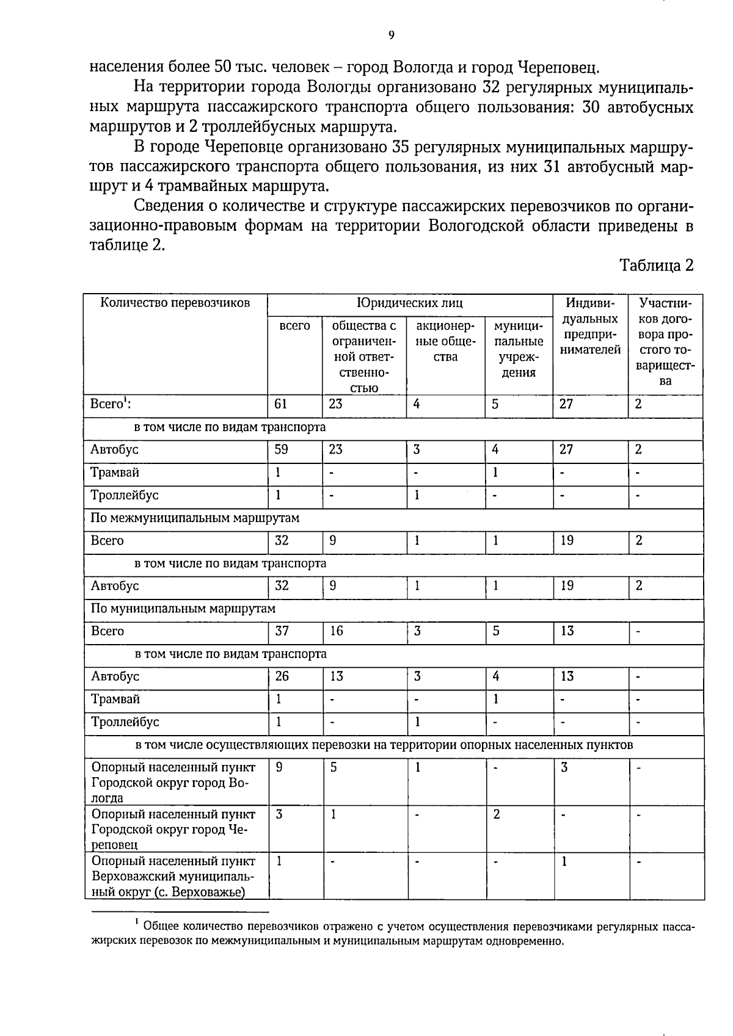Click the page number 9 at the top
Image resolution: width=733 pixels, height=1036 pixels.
(x=391, y=35)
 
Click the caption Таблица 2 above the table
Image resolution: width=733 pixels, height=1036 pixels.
(x=657, y=265)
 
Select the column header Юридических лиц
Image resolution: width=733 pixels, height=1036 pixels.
(x=410, y=303)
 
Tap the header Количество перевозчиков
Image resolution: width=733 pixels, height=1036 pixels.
(x=175, y=303)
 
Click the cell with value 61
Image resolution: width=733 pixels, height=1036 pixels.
(x=281, y=404)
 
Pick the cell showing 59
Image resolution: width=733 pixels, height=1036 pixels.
(x=282, y=450)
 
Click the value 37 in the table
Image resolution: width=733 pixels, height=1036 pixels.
(x=282, y=631)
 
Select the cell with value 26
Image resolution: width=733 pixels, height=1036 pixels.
(x=282, y=676)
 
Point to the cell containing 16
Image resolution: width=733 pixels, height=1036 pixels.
(x=337, y=631)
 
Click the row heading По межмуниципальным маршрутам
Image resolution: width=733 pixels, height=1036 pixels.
(x=195, y=518)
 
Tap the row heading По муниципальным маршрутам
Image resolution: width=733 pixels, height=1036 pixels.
(x=183, y=609)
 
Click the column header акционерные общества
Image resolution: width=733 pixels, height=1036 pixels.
(x=445, y=341)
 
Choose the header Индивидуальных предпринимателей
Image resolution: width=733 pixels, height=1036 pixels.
(x=590, y=326)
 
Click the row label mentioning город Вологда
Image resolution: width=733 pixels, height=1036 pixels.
(x=172, y=783)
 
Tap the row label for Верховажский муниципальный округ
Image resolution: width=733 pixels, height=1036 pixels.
(x=172, y=877)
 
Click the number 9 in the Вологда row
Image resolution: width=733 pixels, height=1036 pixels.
(x=279, y=767)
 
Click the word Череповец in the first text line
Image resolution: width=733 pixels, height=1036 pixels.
(x=558, y=66)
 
